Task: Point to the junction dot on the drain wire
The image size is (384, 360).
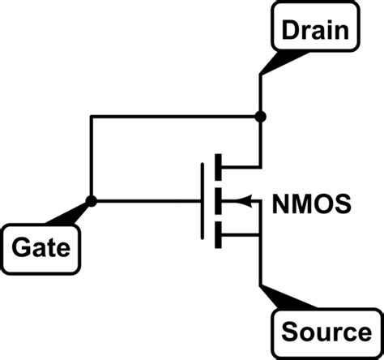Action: tap(260, 117)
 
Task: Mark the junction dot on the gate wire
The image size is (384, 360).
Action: tap(92, 199)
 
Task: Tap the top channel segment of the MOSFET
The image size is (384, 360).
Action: tap(217, 165)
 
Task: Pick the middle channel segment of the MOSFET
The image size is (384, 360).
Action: tap(217, 199)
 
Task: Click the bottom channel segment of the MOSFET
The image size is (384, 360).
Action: tap(217, 234)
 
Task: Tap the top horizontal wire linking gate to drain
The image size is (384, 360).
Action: tap(174, 117)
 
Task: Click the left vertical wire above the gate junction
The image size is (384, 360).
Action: tap(92, 158)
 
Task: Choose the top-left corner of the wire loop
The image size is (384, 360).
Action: tap(92, 117)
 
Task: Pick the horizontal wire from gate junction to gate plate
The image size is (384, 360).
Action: tap(146, 199)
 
